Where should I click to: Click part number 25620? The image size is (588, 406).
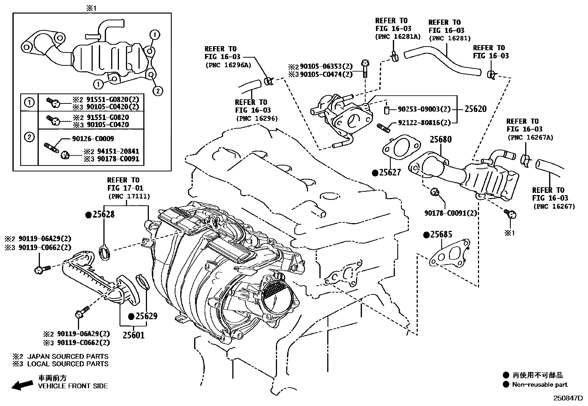point(475,109)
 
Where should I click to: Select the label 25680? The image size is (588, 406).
point(440,140)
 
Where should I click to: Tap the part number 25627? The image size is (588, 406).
point(390,173)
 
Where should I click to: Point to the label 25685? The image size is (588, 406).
point(441,235)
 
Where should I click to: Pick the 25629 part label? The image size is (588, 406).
point(146,316)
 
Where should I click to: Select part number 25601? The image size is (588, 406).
point(133,335)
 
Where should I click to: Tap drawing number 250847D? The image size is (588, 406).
point(567,399)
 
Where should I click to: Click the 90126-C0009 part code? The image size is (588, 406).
point(92,139)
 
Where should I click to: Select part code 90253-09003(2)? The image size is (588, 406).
point(424,109)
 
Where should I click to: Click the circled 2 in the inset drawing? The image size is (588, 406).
point(157,90)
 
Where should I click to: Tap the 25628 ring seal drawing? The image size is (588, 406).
point(106,252)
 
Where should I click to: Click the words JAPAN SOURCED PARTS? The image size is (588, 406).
point(68,356)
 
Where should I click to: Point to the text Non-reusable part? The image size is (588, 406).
point(540,385)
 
